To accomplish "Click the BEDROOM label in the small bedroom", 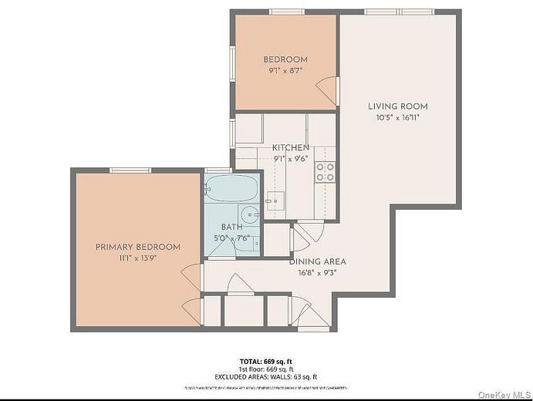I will pos(285,59).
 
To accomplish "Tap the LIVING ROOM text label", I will pos(397,106).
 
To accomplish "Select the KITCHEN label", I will pos(291,147).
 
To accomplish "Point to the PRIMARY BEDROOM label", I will pos(137,247).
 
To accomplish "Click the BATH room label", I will pos(231,227).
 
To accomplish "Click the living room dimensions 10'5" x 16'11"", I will pos(397,118).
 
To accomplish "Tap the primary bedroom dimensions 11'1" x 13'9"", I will pos(137,258).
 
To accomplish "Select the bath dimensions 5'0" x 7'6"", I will pos(231,238).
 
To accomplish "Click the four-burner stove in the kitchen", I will pos(326,171).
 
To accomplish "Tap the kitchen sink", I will pos(275,200).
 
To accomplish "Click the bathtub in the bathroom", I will pos(231,187).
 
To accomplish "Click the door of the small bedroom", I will pos(330,91).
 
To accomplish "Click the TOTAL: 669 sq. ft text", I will pos(266,361).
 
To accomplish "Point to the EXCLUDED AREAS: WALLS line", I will pos(266,376).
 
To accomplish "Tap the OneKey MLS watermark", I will pos(504,394).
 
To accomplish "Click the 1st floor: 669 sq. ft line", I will pos(266,369).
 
